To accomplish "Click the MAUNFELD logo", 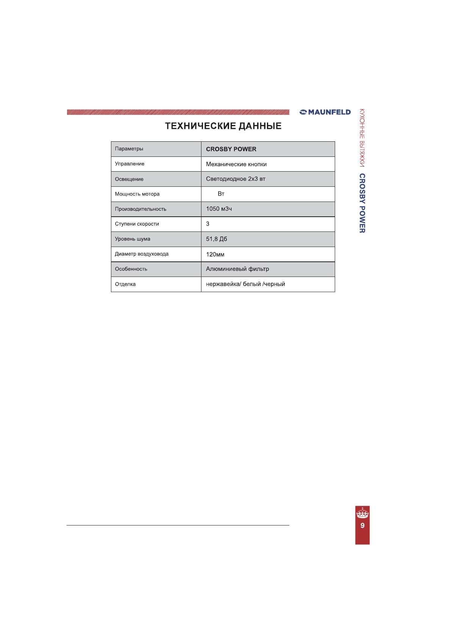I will click(x=325, y=112).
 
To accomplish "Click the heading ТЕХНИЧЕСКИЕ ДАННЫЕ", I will click(x=223, y=126).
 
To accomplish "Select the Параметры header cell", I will click(x=129, y=149).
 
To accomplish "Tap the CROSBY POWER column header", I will click(x=231, y=149).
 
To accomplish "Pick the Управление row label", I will click(x=130, y=164).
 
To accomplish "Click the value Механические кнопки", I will click(x=236, y=164).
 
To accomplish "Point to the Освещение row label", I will click(x=129, y=179).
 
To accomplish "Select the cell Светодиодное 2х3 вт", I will click(x=236, y=179).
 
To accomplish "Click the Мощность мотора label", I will click(x=137, y=194).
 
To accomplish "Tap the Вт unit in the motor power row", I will click(x=221, y=194).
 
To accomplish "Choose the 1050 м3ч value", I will click(x=219, y=209).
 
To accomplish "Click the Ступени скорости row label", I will click(x=137, y=224).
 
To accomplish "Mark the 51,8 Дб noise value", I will click(x=216, y=239).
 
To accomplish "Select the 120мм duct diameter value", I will click(x=215, y=255).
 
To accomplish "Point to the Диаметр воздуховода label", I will click(x=142, y=254).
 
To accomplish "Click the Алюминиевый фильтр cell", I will click(x=237, y=269).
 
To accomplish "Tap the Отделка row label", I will click(x=125, y=284).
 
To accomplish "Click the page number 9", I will click(x=362, y=525).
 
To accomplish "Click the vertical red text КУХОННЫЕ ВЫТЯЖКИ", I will click(x=362, y=138).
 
